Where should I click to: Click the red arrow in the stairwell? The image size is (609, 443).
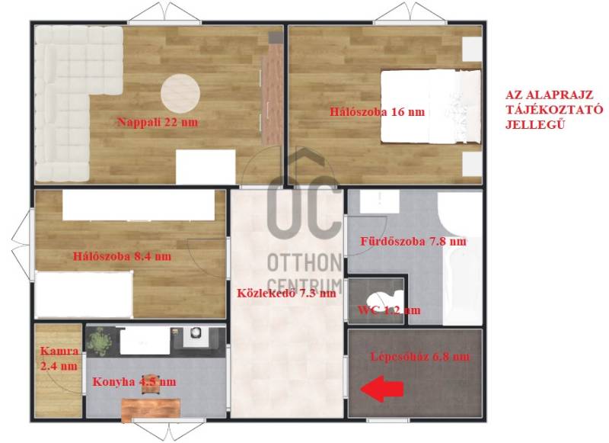[382, 389]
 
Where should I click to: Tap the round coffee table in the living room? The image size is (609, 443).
[180, 93]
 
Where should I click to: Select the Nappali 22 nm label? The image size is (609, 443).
[158, 122]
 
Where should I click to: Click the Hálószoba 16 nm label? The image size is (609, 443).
[377, 112]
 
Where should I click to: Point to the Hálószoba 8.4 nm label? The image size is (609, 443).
[122, 257]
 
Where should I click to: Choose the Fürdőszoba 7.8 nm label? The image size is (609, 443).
[413, 241]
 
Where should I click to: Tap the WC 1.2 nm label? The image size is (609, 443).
[389, 310]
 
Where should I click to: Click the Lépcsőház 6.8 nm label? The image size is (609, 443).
[420, 356]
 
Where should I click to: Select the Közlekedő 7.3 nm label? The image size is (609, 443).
[287, 293]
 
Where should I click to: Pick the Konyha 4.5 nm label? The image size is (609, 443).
[134, 381]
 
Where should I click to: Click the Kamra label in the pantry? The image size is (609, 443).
[59, 351]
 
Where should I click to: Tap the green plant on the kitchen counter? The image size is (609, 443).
[99, 341]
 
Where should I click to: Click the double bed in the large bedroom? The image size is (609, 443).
[430, 107]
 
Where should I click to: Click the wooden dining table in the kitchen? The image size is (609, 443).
[151, 409]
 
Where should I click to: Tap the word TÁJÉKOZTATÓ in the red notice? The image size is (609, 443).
[554, 109]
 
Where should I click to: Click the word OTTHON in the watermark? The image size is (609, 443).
[304, 263]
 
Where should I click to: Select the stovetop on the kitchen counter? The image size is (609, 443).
[196, 334]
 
